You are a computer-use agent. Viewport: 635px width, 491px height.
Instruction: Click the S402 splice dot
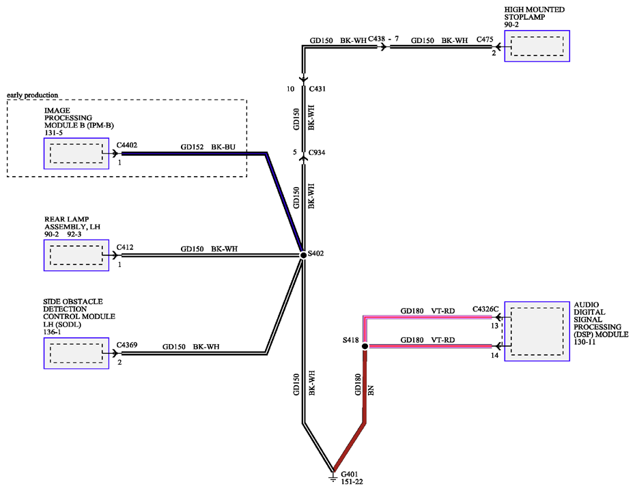pyautogui.click(x=303, y=255)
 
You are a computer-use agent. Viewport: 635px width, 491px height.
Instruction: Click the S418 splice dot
pyautogui.click(x=365, y=346)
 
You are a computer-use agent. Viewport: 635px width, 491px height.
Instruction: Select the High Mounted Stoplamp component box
pyautogui.click(x=537, y=46)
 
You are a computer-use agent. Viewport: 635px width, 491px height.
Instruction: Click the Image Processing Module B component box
pyautogui.click(x=76, y=154)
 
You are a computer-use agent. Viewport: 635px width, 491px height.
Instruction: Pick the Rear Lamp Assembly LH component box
pyautogui.click(x=76, y=255)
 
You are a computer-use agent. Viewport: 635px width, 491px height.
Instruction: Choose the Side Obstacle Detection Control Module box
pyautogui.click(x=76, y=353)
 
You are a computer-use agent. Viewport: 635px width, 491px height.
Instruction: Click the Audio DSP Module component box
pyautogui.click(x=537, y=331)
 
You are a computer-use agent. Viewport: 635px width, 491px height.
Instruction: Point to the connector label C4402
pyautogui.click(x=127, y=145)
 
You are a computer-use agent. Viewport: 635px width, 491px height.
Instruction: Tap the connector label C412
pyautogui.click(x=125, y=247)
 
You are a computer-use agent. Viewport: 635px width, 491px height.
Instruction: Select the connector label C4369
pyautogui.click(x=127, y=345)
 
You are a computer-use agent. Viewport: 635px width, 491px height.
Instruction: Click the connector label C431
pyautogui.click(x=317, y=89)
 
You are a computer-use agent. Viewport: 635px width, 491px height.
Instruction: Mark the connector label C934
pyautogui.click(x=317, y=152)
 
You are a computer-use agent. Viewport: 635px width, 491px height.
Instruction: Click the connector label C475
pyautogui.click(x=485, y=40)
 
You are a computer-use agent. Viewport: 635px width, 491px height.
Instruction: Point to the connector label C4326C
pyautogui.click(x=485, y=309)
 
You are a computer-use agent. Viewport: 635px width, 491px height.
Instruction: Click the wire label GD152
pyautogui.click(x=192, y=147)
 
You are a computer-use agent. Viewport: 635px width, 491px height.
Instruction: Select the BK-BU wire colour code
pyautogui.click(x=223, y=147)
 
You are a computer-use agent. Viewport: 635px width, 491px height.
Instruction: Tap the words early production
pyautogui.click(x=32, y=95)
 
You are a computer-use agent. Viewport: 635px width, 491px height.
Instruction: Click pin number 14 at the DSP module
pyautogui.click(x=494, y=355)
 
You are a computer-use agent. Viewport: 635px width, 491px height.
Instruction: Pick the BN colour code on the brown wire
pyautogui.click(x=371, y=390)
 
